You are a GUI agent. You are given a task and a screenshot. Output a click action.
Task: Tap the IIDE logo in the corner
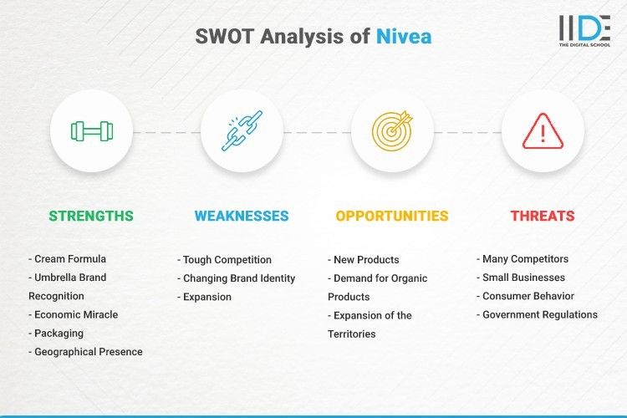[584, 31]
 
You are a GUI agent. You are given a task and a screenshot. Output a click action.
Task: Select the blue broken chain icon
[241, 131]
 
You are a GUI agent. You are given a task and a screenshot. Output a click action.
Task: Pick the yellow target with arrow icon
[392, 131]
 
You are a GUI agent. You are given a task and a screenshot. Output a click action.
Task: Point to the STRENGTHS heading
[90, 216]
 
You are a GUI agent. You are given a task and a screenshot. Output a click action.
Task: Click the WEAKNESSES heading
[241, 216]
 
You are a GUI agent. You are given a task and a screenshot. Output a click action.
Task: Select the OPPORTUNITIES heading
[392, 216]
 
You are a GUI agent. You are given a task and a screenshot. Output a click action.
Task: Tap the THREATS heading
[543, 216]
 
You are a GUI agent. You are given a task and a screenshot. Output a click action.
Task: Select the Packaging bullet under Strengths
[58, 333]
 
